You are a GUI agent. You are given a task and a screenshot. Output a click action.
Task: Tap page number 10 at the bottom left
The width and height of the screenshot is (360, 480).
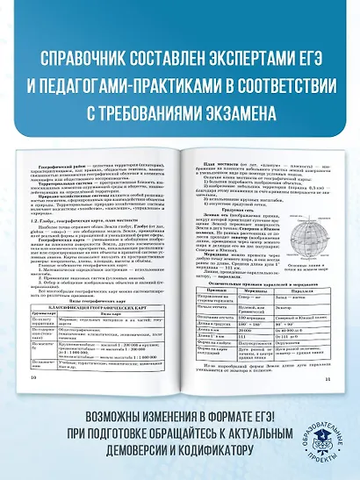(x=34, y=378)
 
